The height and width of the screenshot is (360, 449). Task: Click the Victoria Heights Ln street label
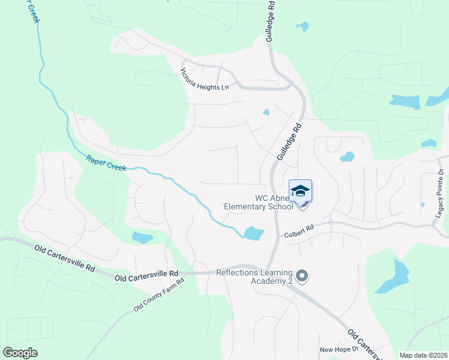[205, 79]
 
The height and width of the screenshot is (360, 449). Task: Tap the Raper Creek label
[106, 163]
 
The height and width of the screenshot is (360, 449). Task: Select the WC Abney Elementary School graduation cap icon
[300, 191]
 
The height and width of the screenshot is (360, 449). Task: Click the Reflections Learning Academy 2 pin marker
[302, 277]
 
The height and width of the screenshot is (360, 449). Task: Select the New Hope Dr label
[339, 349]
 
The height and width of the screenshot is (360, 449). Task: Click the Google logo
[20, 352]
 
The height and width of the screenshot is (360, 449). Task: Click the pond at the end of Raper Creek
[253, 233]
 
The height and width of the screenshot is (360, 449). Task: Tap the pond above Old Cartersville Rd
[142, 238]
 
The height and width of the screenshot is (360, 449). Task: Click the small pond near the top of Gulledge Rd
[303, 26]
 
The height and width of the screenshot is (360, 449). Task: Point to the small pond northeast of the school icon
[347, 157]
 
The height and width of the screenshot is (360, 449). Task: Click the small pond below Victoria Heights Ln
[266, 112]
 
